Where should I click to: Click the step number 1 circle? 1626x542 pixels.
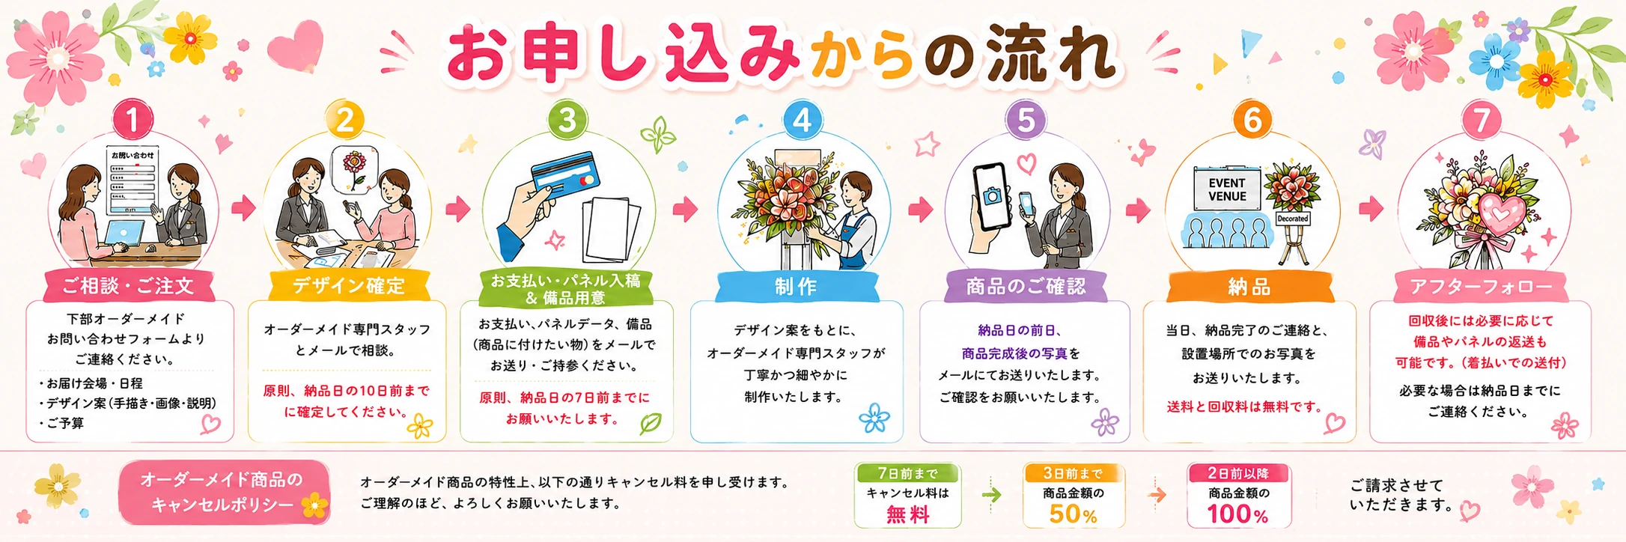132,120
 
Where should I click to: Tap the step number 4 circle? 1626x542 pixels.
802,120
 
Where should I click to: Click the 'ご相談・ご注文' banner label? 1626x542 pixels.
129,285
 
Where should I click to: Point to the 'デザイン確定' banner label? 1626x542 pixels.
348,285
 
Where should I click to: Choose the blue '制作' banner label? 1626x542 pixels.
796,286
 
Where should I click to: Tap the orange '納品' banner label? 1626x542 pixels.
1249,286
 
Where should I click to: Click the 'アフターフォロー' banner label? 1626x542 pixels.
1481,286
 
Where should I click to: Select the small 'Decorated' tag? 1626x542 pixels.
1293,219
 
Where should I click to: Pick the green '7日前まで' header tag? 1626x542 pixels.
907,473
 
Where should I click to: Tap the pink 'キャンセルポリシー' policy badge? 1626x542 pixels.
224,492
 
